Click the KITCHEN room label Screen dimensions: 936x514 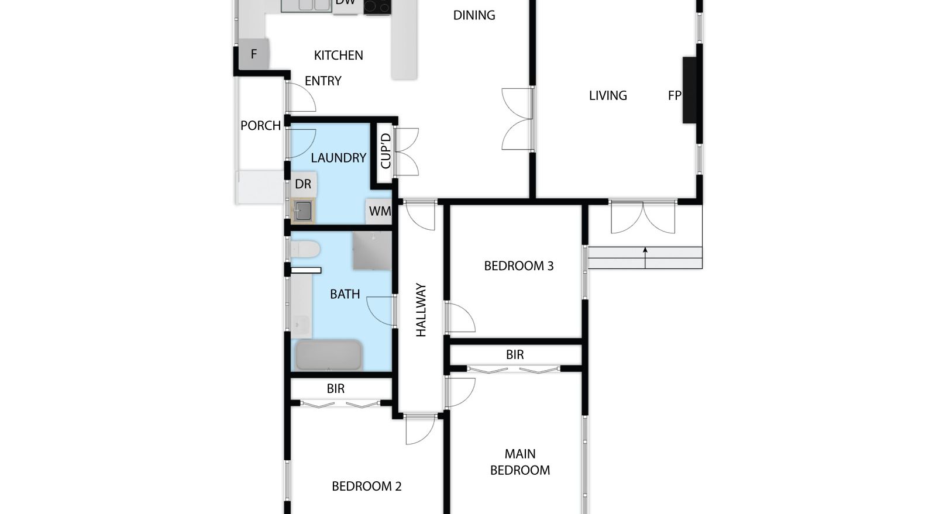(338, 55)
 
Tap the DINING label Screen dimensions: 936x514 (474, 15)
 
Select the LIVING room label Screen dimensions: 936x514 (608, 96)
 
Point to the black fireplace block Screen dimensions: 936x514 (690, 90)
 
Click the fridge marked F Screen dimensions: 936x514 (254, 54)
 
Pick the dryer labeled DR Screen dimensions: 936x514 (304, 184)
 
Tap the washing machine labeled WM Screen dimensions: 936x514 (379, 211)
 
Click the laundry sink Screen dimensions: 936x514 (302, 211)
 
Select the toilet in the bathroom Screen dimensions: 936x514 (305, 250)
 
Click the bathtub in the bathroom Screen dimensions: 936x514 (328, 356)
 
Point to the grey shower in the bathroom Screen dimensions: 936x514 (372, 250)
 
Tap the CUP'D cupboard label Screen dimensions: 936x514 (386, 151)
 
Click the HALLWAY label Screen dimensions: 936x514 (421, 310)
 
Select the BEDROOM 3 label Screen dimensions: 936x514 (518, 266)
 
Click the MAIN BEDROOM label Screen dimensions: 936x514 (520, 462)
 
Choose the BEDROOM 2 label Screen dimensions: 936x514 (366, 487)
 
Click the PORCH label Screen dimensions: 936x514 (260, 126)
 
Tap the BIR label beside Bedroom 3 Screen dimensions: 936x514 (515, 355)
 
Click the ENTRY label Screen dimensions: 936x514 (323, 81)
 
